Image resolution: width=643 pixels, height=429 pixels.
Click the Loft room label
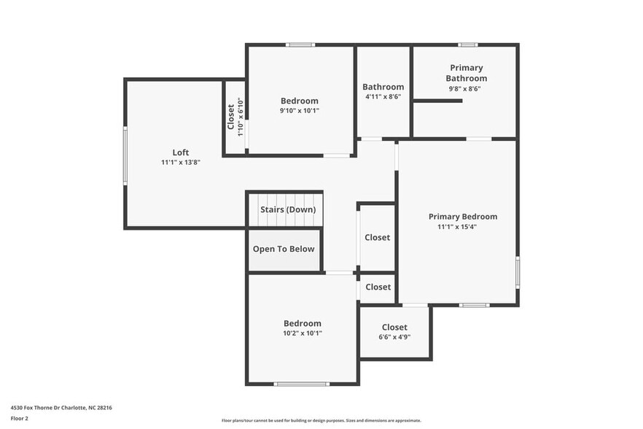(x=181, y=152)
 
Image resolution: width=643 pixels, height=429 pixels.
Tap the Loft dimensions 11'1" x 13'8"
(x=181, y=162)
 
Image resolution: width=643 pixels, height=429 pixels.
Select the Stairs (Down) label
(x=288, y=210)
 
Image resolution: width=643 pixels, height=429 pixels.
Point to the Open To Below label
(x=284, y=249)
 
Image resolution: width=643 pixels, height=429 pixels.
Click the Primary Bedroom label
(x=462, y=217)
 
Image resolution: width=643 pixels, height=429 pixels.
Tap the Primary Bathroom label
(x=467, y=73)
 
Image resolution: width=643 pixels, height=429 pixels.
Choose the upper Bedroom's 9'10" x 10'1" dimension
(x=300, y=111)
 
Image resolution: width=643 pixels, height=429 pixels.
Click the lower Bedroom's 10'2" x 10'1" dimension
(x=302, y=333)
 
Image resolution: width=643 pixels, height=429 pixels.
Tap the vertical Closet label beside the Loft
(x=231, y=117)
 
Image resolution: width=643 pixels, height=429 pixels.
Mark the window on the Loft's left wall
(x=125, y=155)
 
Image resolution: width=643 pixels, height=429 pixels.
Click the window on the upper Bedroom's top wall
(x=300, y=45)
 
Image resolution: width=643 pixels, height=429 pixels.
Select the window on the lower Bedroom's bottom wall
(x=301, y=384)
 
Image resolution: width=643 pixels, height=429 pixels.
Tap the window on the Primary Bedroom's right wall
(x=518, y=272)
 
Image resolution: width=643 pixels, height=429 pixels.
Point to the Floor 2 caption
(x=19, y=419)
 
